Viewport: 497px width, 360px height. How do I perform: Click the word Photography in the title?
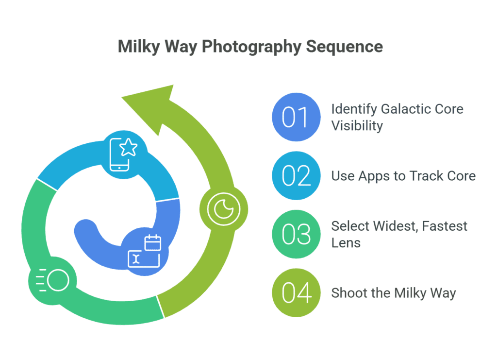(251, 47)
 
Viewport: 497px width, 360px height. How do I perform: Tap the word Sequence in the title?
(344, 47)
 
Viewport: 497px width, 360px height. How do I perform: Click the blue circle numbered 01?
(297, 117)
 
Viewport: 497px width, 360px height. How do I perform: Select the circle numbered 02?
(297, 176)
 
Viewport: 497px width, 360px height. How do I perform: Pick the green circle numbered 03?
(297, 234)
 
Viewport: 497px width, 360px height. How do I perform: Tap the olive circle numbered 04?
(297, 293)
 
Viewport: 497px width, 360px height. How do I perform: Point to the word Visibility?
(357, 126)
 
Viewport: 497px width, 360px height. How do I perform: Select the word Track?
(425, 176)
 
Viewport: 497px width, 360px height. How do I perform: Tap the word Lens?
(346, 243)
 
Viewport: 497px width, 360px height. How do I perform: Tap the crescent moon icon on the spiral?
(224, 209)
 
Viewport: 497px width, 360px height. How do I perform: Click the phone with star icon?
(123, 154)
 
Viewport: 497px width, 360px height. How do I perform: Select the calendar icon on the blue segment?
(153, 243)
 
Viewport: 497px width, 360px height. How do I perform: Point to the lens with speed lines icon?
(52, 280)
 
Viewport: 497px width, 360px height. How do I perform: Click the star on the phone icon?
(128, 147)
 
